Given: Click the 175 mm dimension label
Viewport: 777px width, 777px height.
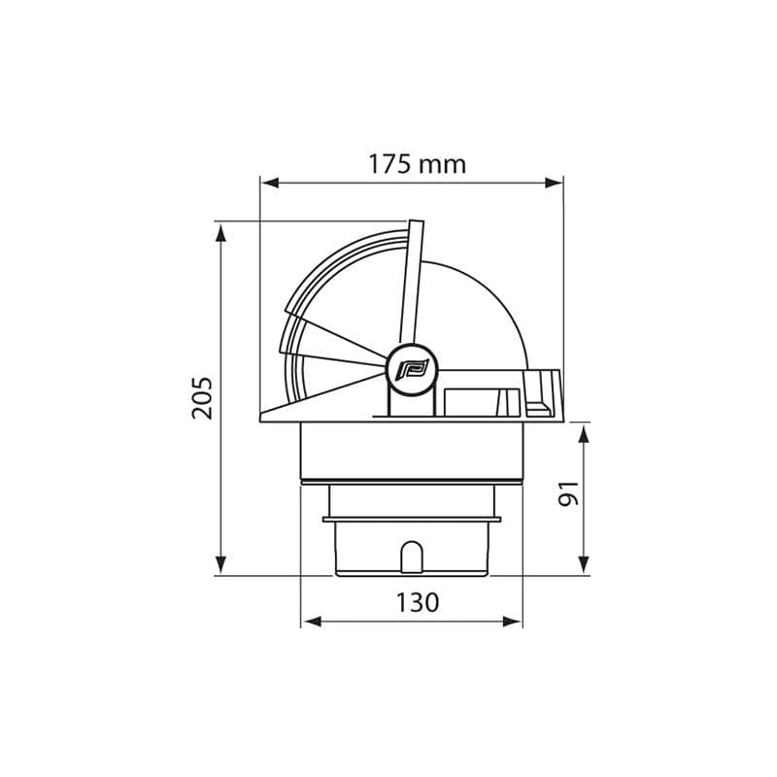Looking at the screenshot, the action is click(417, 164).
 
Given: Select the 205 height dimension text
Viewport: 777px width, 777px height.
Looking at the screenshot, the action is click(202, 398).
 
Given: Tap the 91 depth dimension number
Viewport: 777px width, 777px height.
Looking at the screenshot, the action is click(568, 493).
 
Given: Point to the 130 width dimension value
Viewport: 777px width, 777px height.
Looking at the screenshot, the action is click(418, 602).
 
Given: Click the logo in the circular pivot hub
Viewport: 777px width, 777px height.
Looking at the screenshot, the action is click(412, 370).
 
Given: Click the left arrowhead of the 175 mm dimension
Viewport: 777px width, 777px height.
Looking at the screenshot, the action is click(270, 183).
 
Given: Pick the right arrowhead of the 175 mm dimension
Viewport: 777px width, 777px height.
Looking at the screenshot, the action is click(554, 183).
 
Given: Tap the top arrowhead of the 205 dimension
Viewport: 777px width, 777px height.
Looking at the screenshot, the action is click(221, 232).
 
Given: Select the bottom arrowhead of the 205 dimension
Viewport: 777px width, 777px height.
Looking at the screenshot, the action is click(221, 565).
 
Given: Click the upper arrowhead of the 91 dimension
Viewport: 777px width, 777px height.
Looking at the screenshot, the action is click(584, 433).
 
